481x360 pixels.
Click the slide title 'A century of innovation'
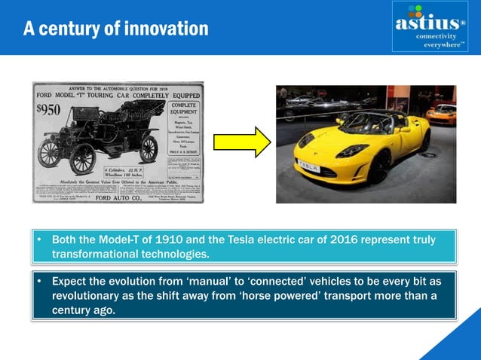(x=115, y=29)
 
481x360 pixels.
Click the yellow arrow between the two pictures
(x=241, y=142)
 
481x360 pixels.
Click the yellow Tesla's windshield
(x=360, y=120)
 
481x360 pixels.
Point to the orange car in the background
(x=441, y=114)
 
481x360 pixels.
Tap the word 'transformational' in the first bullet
(x=96, y=254)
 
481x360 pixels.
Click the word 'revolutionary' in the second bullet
(x=87, y=295)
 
